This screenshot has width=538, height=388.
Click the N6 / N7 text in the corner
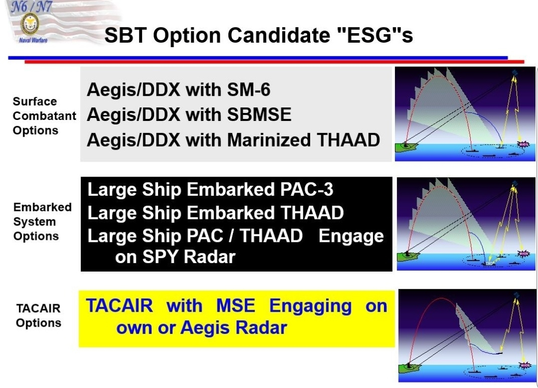coord(31,7)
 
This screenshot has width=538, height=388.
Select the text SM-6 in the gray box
coord(248,89)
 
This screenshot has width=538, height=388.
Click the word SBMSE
coord(259,114)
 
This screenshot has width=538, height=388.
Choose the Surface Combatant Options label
coord(44,116)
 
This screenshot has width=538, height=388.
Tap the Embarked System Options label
coord(42,222)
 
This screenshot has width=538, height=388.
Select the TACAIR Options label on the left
coord(39,316)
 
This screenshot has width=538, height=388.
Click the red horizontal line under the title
coord(274,62)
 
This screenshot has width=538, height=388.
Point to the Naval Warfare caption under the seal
coord(33,40)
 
